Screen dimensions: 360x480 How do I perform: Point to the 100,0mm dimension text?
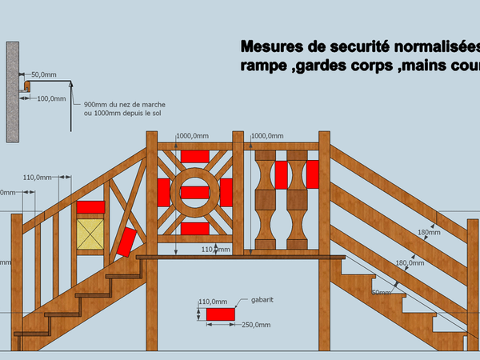[x=52, y=99]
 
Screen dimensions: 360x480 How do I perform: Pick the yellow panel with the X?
[x=90, y=234]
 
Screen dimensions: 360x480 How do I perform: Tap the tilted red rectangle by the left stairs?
[x=126, y=242]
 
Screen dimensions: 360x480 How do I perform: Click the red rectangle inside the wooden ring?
[x=194, y=192]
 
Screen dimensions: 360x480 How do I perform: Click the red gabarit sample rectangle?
[x=220, y=314]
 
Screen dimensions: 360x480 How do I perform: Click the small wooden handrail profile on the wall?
[x=26, y=84]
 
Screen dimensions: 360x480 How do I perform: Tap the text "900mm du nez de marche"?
[x=120, y=104]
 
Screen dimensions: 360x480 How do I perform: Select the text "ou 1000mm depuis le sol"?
[x=120, y=113]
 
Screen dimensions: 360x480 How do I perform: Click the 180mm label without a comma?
[x=429, y=233]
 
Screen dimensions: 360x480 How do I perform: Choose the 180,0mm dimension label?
[x=410, y=262]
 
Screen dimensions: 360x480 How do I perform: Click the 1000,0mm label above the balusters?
[x=267, y=136]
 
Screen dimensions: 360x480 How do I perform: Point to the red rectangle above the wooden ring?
[x=194, y=155]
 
